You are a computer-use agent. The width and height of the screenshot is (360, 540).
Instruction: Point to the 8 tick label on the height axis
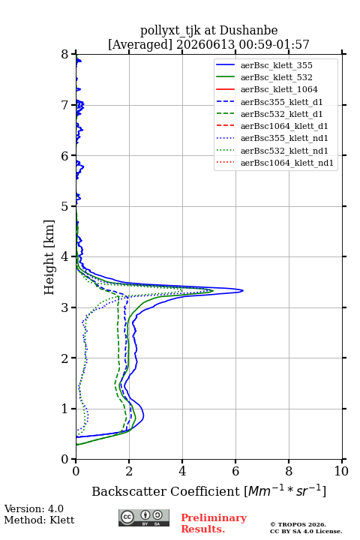(65, 55)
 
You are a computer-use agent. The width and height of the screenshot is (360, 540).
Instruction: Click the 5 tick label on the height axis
(65, 206)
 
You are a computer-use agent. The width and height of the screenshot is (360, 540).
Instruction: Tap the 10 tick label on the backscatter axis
(341, 471)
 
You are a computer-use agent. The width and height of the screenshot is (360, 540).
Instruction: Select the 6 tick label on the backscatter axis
(235, 471)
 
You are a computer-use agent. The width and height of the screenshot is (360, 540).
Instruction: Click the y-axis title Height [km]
(49, 257)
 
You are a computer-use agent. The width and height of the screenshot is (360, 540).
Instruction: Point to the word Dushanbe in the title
(248, 31)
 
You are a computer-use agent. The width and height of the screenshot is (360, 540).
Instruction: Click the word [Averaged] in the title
(139, 44)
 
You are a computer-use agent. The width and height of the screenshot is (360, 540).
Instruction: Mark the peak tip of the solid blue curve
(243, 291)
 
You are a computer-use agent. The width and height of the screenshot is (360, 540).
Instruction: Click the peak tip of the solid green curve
(213, 291)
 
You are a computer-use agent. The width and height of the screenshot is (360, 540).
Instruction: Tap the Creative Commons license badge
(144, 517)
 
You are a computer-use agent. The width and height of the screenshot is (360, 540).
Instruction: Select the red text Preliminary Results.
(214, 523)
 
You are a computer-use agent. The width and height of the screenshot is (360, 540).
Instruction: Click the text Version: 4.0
(34, 508)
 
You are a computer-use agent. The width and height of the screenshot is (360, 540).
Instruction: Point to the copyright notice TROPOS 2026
(298, 524)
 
